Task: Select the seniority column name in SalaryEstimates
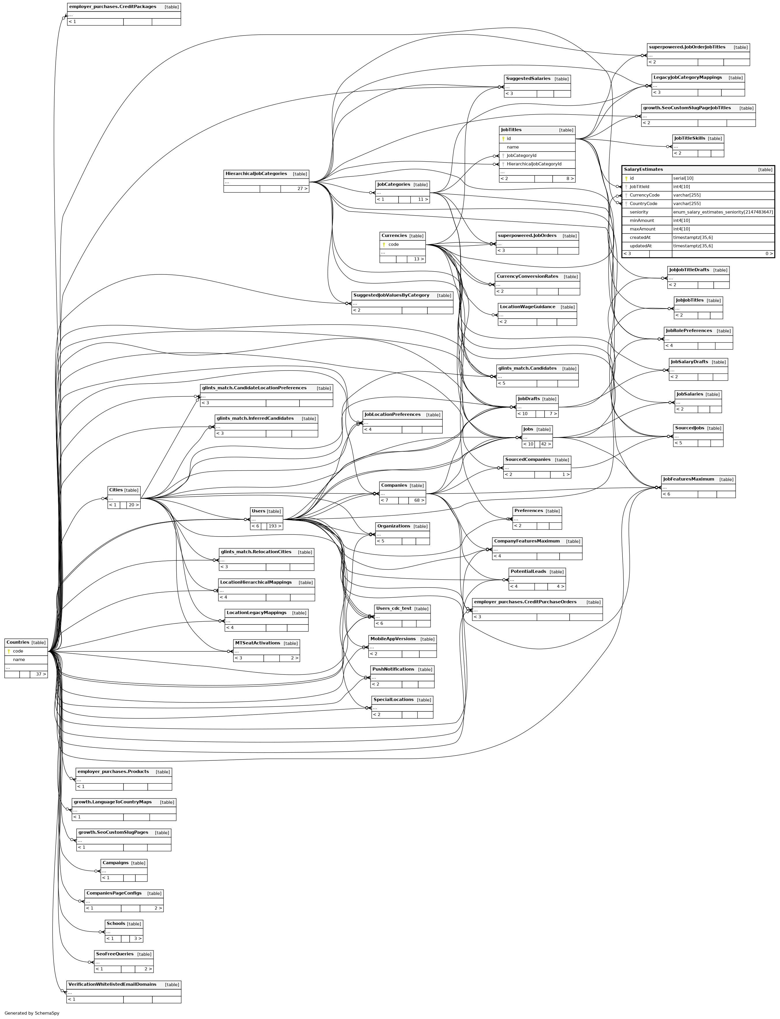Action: [639, 212]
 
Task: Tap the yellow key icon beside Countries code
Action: [8, 651]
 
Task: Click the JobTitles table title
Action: [511, 130]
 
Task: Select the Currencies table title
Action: [394, 236]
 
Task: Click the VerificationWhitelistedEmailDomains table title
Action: [112, 984]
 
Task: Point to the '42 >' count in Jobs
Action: [545, 444]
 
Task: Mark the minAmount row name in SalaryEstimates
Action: [642, 220]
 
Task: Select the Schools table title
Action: [116, 924]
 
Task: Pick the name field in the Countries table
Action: [19, 660]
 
